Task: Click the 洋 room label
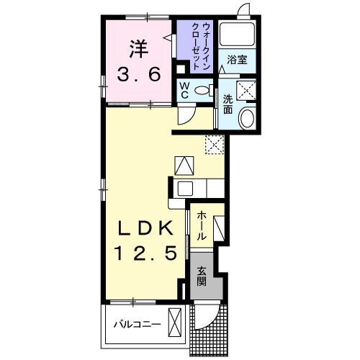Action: click(138, 49)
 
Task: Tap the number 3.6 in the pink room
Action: click(138, 74)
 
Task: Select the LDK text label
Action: click(145, 228)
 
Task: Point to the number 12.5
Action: click(146, 253)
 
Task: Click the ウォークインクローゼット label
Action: click(199, 45)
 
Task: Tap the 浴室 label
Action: click(237, 60)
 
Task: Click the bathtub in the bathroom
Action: click(237, 34)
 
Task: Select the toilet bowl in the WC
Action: click(204, 90)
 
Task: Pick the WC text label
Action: click(184, 90)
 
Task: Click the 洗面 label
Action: click(228, 104)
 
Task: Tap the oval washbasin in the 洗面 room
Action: click(248, 119)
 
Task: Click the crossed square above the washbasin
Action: click(246, 90)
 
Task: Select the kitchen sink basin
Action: click(185, 189)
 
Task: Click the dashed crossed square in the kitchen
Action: click(215, 144)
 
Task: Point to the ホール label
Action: click(202, 226)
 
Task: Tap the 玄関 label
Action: click(202, 276)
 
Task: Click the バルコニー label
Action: click(137, 325)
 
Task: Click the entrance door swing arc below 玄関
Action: click(210, 319)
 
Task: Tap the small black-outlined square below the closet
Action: click(181, 69)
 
